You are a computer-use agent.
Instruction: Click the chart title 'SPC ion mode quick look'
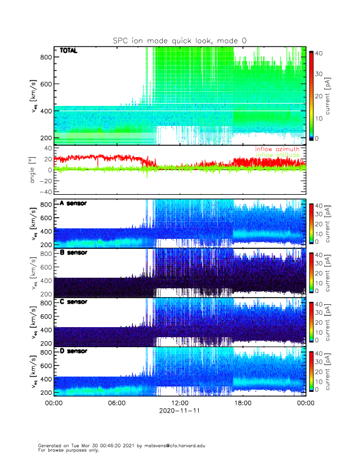179,41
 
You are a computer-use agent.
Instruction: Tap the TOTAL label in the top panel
69,51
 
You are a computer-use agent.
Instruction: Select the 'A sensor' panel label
74,203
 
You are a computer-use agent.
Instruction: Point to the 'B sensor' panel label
74,252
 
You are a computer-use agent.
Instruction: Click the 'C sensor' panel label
74,302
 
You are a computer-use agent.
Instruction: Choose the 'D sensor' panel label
74,351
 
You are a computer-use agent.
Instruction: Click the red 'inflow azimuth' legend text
276,149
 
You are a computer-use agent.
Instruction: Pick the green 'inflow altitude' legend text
276,155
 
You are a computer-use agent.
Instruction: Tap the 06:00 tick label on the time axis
116,403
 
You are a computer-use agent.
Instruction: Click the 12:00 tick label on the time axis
179,403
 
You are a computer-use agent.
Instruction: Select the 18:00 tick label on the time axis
242,403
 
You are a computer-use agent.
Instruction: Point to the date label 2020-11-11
179,411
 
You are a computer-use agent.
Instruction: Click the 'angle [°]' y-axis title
34,169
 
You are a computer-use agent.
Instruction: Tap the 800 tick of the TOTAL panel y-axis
44,56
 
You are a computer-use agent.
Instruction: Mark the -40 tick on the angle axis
44,192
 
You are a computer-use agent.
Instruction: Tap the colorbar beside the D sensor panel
311,371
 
